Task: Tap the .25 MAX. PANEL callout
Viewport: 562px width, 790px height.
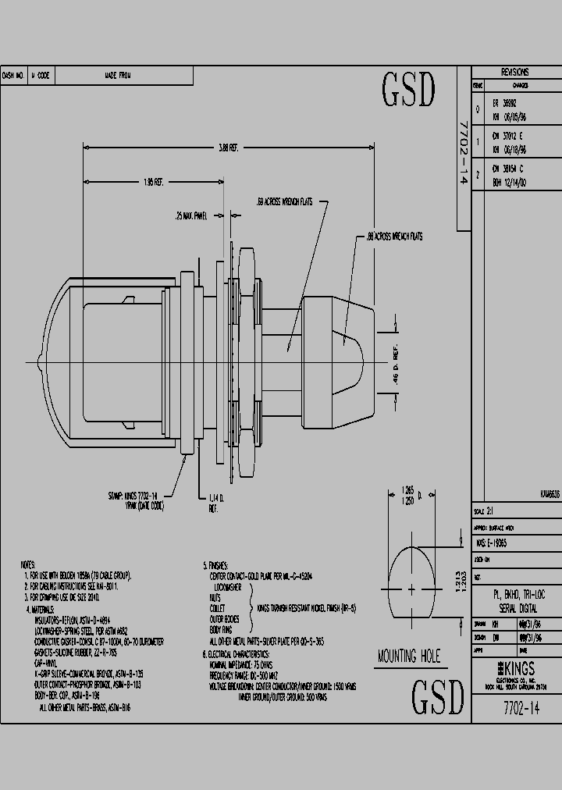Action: tap(191, 216)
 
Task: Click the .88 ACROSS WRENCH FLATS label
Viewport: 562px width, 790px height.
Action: tap(394, 236)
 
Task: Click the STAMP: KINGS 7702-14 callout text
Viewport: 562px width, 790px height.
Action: tap(133, 495)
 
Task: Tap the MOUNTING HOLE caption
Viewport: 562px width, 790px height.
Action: tap(408, 656)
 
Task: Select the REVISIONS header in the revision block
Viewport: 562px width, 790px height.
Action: tap(515, 71)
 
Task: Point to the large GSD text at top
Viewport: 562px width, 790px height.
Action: tap(407, 91)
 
